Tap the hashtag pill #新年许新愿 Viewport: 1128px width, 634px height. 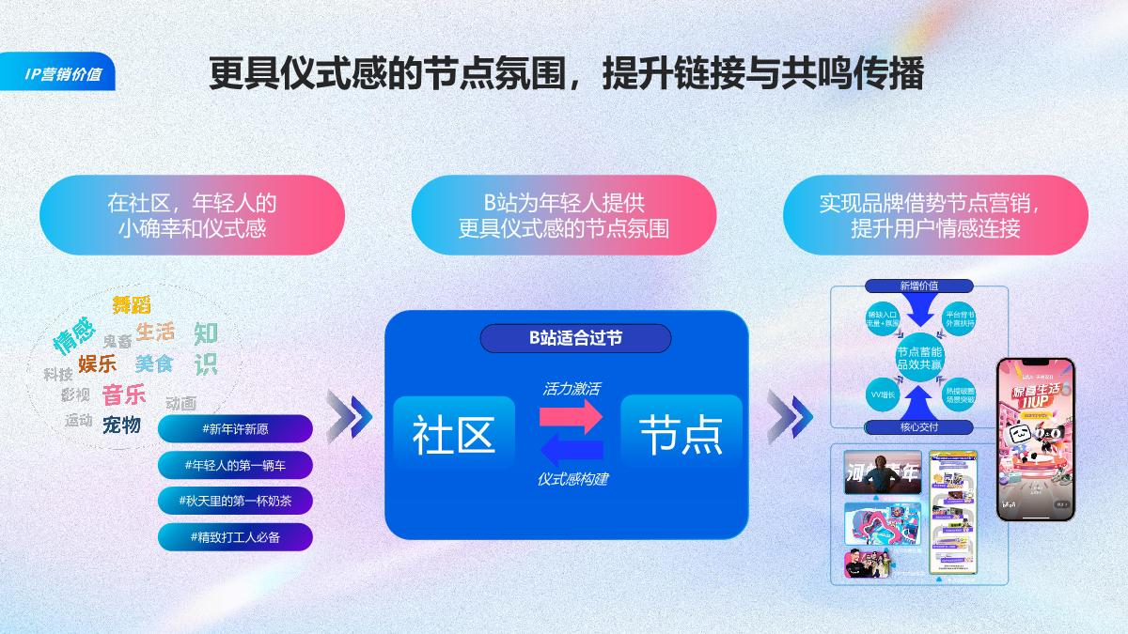coord(235,429)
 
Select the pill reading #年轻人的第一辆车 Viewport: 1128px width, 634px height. coord(235,465)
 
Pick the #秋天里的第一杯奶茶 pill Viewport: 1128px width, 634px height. coord(235,501)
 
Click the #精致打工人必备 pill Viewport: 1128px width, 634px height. coord(235,536)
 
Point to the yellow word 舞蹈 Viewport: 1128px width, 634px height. coord(132,304)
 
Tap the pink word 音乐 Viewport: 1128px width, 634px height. coord(123,394)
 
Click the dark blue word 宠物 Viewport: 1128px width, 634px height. coord(121,425)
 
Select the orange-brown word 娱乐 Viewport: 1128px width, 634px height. coord(97,363)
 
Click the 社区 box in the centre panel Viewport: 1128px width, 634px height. coord(454,433)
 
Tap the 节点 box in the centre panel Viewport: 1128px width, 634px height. coord(681,433)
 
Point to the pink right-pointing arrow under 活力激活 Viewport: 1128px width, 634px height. coord(571,414)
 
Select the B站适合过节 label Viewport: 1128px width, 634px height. coord(575,338)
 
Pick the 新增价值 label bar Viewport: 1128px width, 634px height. coord(918,286)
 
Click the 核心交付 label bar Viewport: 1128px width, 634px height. coord(918,427)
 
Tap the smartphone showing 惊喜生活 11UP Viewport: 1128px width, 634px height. coord(1035,438)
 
